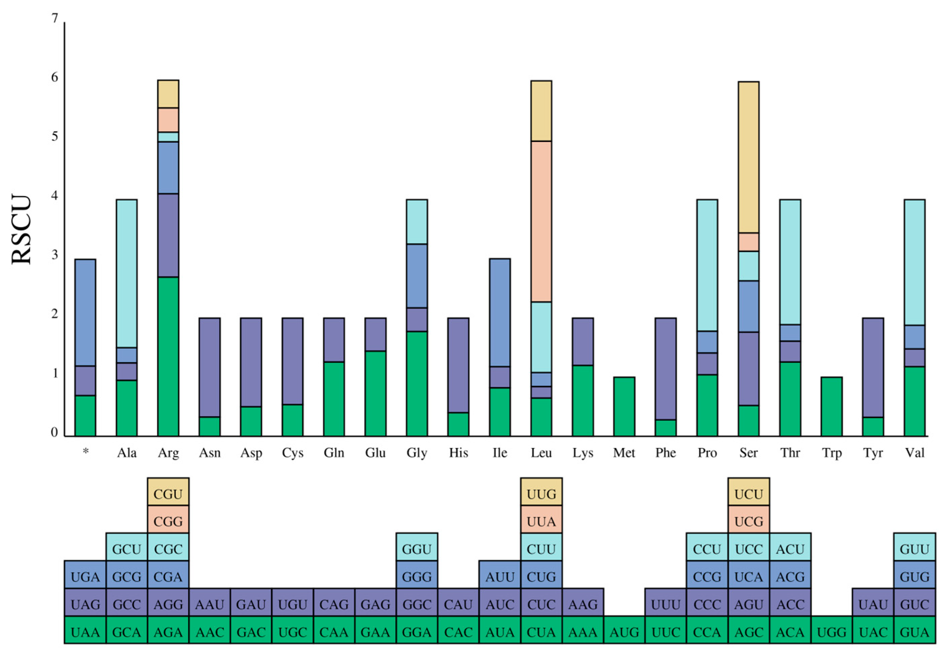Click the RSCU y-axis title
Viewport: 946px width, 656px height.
pos(21,230)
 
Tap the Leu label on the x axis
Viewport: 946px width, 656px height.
pos(541,453)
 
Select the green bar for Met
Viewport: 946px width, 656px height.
pos(624,406)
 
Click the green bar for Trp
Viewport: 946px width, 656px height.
pos(831,406)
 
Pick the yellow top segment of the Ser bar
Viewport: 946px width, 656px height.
pos(748,157)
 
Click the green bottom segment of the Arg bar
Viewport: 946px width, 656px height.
pos(168,356)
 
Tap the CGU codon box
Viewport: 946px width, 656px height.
pos(168,494)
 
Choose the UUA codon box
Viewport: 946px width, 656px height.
pos(541,521)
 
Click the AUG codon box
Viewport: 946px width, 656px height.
pos(624,632)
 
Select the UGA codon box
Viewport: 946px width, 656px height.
pos(85,577)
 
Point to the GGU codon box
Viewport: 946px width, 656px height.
pos(417,549)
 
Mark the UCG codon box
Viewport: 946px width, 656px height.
pos(748,521)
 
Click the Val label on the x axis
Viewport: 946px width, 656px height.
pos(914,453)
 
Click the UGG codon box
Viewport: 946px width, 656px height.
pos(831,632)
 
